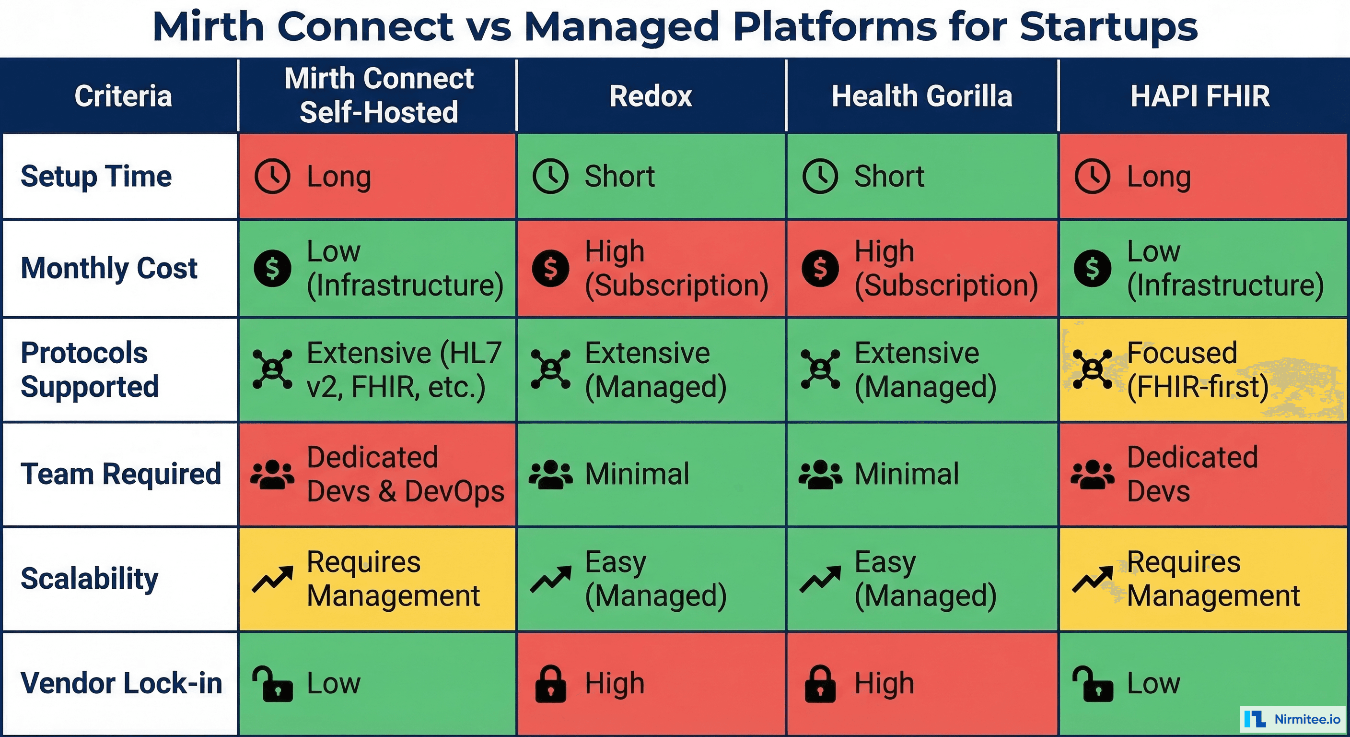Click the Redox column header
(651, 96)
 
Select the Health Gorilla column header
(922, 96)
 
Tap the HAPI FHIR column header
(1200, 96)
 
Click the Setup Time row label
(96, 176)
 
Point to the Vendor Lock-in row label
(121, 683)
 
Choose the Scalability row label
(89, 579)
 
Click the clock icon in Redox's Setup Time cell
(550, 176)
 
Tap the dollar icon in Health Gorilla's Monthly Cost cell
(820, 268)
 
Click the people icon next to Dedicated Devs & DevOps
(272, 474)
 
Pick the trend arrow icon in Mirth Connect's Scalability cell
(272, 579)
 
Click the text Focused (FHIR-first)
(1198, 370)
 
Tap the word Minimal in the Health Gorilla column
(907, 474)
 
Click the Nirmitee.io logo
(1292, 719)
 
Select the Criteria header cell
(123, 96)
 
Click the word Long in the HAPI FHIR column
(1159, 177)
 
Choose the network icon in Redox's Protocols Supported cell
(550, 369)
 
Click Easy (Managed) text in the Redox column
(655, 579)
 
